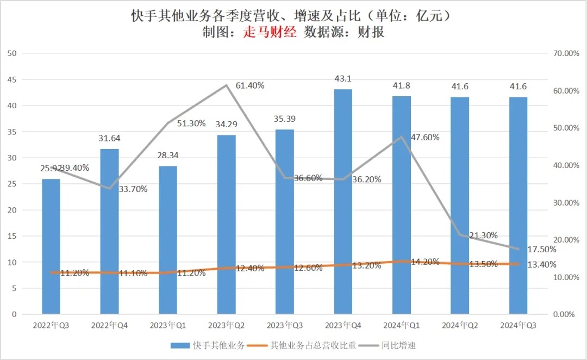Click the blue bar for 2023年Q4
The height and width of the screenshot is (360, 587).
tap(343, 201)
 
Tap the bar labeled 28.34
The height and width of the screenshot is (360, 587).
tap(168, 239)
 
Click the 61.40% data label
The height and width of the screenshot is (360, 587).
tap(250, 85)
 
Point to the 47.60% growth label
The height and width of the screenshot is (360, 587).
tap(425, 137)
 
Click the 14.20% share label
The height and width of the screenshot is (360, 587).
tap(425, 262)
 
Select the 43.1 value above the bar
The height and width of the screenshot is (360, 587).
tap(343, 79)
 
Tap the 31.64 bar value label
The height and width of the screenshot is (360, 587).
tap(109, 139)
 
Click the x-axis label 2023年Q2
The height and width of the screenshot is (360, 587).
tap(226, 325)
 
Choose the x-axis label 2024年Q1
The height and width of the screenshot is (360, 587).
tap(401, 325)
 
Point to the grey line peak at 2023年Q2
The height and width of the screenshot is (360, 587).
tap(226, 85)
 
